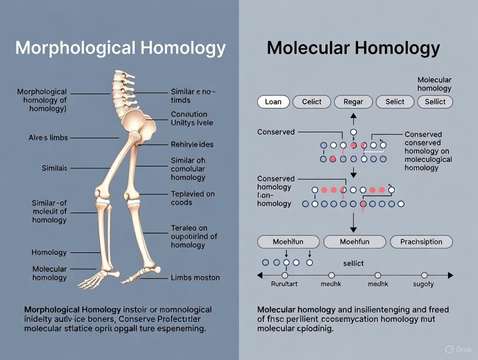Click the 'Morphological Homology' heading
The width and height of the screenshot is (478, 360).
pos(120,48)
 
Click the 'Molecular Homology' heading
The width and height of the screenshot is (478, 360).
pos(353,48)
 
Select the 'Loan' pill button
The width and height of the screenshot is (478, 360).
pos(273,102)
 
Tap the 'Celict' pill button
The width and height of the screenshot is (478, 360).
pos(312,102)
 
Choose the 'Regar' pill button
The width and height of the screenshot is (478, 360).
pos(353,102)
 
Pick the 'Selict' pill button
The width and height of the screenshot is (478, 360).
pos(394,102)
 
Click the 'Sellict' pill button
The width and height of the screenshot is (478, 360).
pos(435,102)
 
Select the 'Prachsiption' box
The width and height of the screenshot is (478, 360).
pos(421,242)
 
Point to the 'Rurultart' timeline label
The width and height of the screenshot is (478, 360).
pos(284,284)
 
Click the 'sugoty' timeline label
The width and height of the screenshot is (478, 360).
pos(423,284)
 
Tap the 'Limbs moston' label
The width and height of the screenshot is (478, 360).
pos(195,277)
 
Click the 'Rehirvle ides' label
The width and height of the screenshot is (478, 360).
pos(192,144)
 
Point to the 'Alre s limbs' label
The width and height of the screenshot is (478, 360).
pos(48,138)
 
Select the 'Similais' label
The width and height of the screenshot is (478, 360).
pos(55,168)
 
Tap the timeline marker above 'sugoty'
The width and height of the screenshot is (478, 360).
pos(424,275)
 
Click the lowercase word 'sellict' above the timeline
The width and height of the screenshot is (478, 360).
pos(353,263)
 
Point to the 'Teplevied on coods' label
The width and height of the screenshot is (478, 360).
pos(193,198)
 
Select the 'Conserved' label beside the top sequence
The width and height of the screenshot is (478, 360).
pos(276,132)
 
